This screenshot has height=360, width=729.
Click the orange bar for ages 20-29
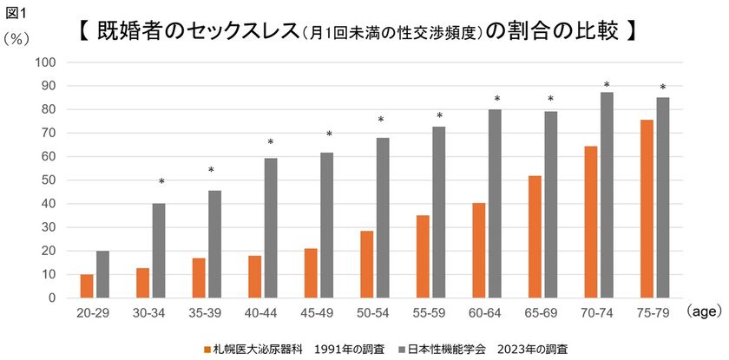pos(87,286)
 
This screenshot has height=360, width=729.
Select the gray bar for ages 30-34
pos(159,251)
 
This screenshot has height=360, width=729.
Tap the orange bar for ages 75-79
pos(647,209)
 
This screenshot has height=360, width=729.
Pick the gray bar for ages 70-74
pos(607,195)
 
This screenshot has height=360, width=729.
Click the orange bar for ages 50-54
pos(367,265)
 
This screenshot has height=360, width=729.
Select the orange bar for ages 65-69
pos(535,237)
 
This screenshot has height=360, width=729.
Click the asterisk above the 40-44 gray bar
pos(271,143)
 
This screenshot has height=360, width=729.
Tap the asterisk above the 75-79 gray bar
pos(663,88)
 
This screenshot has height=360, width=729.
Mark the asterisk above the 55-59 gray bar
pos(439,116)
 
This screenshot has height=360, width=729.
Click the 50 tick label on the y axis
pos(50,180)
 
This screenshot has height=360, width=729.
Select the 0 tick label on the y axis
pos(53,298)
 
